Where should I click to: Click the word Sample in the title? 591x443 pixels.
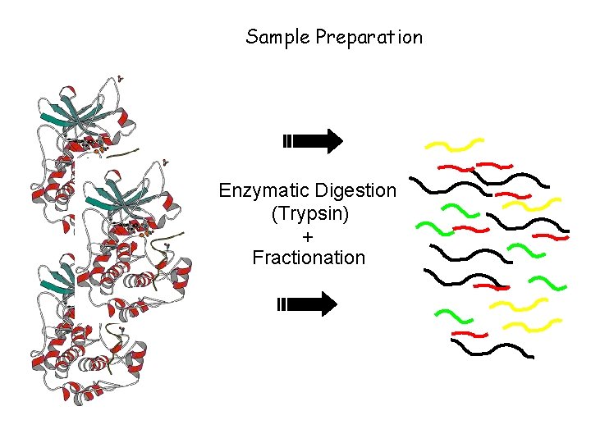(277, 37)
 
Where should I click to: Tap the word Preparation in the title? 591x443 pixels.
(369, 37)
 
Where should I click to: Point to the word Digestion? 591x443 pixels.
(355, 191)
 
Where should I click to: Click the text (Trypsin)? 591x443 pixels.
(309, 214)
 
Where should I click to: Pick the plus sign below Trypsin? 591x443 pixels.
(308, 236)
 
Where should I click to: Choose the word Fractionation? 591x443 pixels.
(309, 258)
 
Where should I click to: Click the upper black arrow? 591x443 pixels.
(313, 141)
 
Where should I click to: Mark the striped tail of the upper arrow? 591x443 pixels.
(286, 141)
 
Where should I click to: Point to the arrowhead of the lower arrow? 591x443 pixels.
(328, 304)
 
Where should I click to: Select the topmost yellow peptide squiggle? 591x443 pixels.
(453, 145)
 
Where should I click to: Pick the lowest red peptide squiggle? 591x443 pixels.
(470, 335)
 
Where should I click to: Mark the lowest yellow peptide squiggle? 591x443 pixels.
(525, 327)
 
